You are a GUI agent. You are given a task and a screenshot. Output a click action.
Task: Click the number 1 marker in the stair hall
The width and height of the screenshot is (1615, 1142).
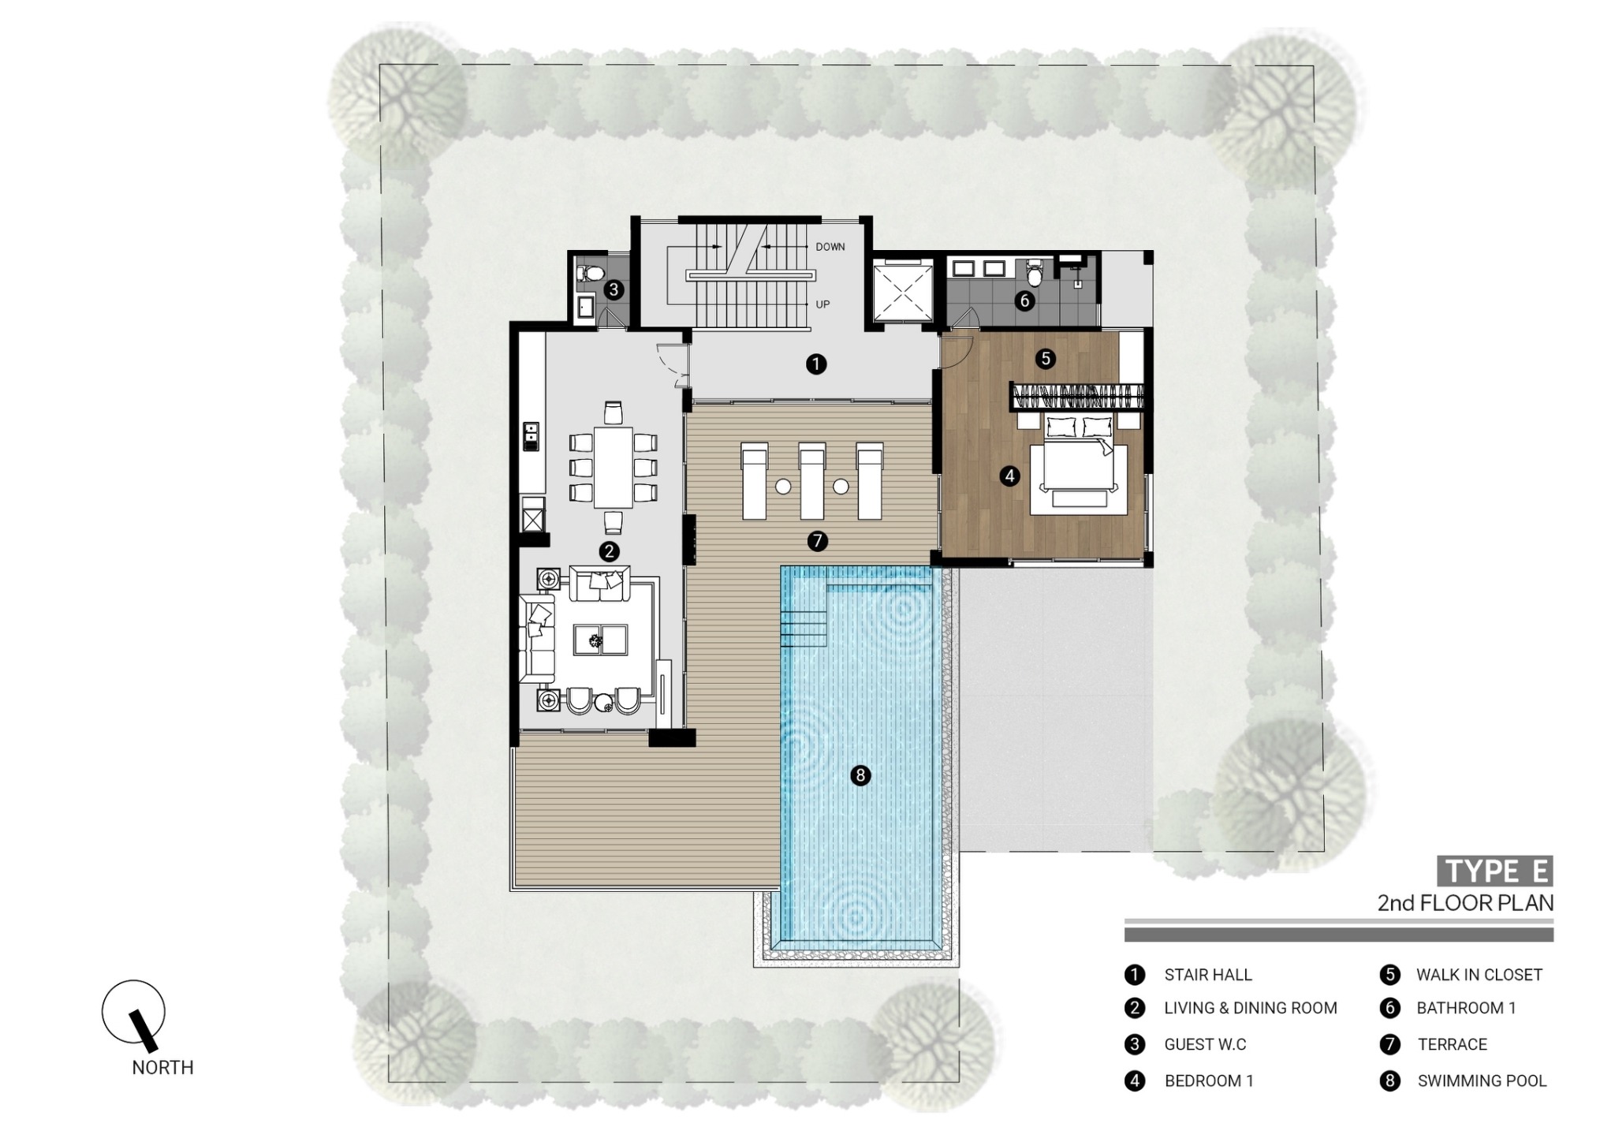tap(816, 364)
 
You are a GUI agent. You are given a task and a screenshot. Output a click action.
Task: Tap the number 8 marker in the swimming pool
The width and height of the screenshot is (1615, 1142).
tap(860, 775)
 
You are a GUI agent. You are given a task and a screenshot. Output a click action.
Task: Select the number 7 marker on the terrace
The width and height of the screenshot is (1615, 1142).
tap(817, 541)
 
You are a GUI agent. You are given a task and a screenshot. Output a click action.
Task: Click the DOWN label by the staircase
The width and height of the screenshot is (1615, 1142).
tap(830, 247)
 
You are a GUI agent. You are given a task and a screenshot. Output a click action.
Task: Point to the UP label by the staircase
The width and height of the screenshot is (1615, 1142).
tap(822, 304)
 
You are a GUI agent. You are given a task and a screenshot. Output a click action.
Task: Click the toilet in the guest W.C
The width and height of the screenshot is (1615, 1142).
tap(589, 274)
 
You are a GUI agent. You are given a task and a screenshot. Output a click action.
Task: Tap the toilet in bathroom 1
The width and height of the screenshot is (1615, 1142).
tap(1035, 275)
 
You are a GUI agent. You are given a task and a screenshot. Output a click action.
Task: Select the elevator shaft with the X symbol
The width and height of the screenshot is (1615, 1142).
tap(902, 292)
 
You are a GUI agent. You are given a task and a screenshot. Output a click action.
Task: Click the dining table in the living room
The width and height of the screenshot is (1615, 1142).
tap(613, 467)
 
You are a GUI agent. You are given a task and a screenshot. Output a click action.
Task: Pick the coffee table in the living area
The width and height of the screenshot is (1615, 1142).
tap(600, 640)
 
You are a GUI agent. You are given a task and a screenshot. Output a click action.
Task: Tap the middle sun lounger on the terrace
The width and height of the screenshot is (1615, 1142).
tap(811, 481)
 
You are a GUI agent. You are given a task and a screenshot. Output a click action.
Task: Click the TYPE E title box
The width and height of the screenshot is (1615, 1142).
tap(1494, 871)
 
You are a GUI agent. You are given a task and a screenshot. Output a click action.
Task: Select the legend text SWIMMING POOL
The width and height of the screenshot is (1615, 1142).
tap(1482, 1080)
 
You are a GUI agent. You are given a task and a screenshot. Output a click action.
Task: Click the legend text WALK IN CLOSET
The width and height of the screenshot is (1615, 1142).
tap(1479, 975)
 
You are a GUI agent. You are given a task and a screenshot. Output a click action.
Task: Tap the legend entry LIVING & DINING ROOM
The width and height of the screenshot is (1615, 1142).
tap(1250, 1008)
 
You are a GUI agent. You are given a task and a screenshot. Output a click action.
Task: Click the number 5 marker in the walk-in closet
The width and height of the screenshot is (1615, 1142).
tap(1046, 359)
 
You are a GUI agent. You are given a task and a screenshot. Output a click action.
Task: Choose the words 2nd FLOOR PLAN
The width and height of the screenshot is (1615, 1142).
tap(1465, 903)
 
